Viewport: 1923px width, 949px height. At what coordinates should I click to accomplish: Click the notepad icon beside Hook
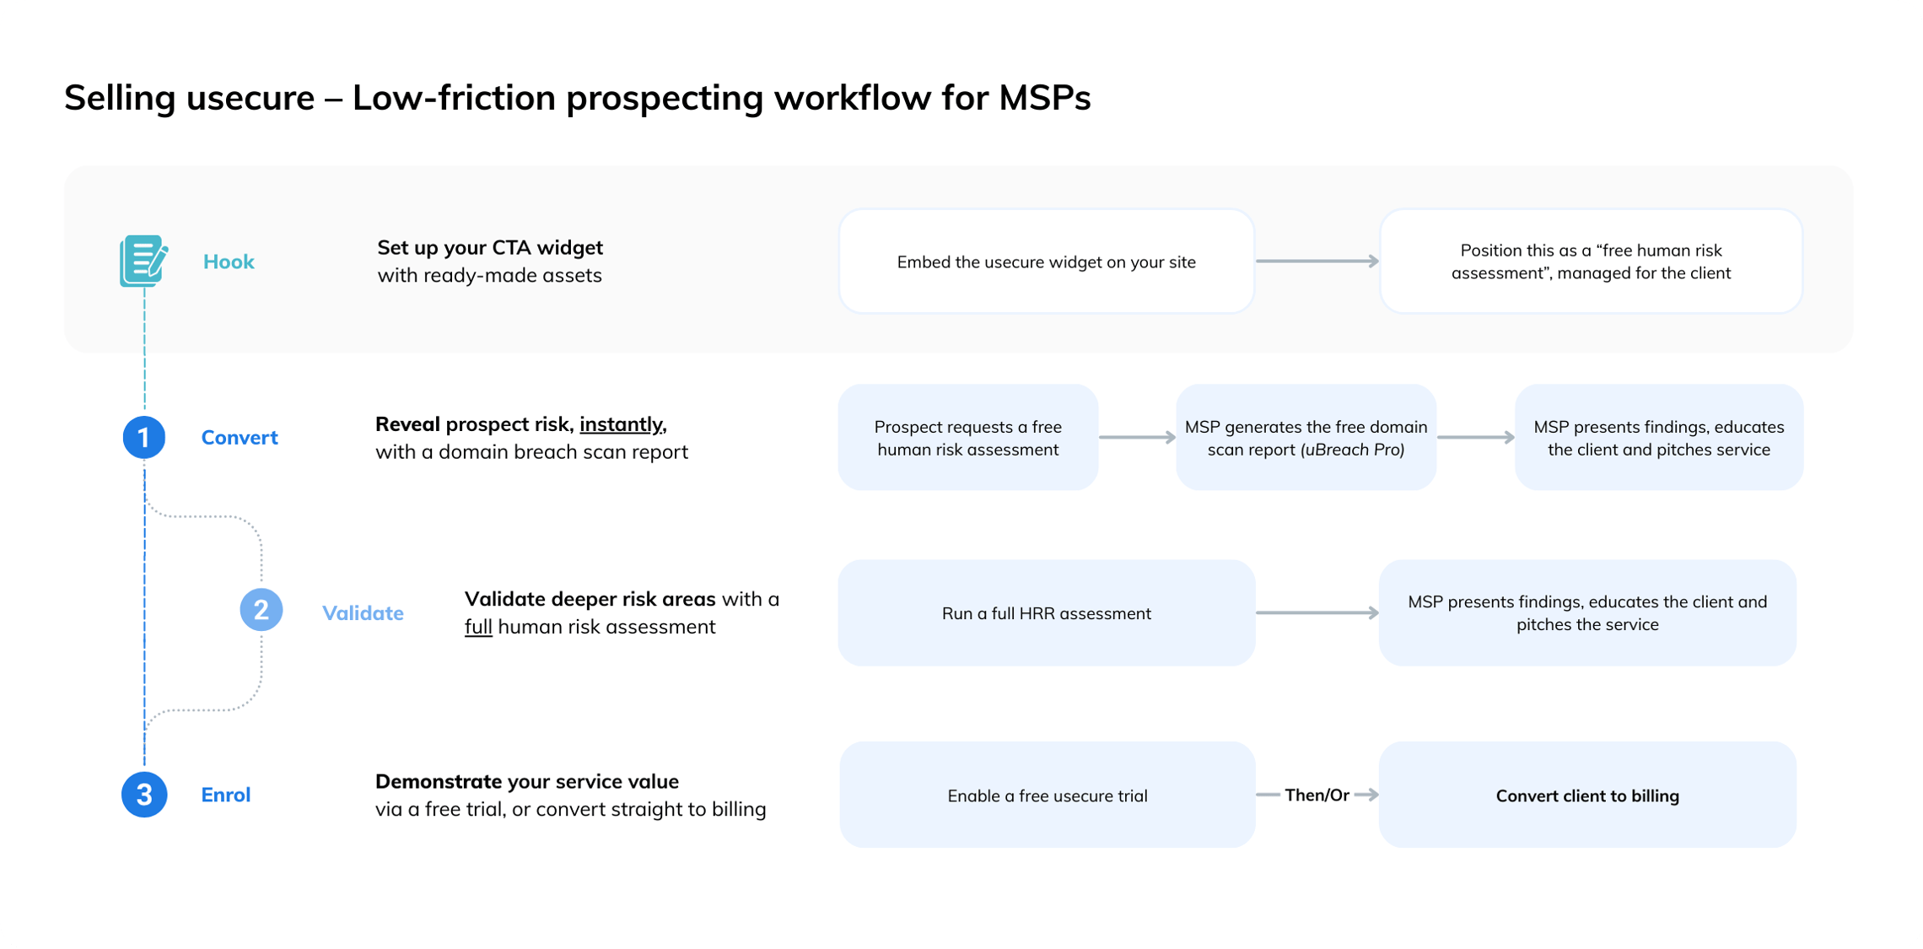(x=143, y=261)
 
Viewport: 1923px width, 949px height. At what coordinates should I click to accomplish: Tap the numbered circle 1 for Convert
(x=143, y=437)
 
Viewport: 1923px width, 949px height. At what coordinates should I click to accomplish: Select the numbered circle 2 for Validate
(x=261, y=610)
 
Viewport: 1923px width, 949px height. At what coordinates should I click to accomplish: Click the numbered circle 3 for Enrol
(x=144, y=795)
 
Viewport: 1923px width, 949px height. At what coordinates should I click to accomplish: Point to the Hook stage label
(x=229, y=262)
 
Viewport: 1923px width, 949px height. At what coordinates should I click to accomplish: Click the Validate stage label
(x=363, y=613)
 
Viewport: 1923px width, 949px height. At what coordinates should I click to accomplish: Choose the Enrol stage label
(x=225, y=795)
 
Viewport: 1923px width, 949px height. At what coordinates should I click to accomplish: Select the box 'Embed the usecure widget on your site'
(x=1046, y=262)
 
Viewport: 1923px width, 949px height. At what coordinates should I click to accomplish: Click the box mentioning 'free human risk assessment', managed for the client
(x=1590, y=262)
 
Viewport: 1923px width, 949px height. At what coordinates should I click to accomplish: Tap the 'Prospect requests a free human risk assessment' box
(x=967, y=438)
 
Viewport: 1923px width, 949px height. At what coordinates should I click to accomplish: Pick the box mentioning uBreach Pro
(x=1306, y=438)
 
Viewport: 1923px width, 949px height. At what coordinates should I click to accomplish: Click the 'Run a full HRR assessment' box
(x=1046, y=613)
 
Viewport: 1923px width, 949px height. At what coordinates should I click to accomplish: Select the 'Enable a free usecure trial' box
(x=1047, y=795)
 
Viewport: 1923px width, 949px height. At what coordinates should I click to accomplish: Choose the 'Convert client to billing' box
(x=1586, y=795)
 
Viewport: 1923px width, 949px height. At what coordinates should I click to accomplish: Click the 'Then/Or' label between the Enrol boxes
(x=1317, y=795)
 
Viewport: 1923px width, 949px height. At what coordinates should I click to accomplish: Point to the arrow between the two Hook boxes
(x=1317, y=262)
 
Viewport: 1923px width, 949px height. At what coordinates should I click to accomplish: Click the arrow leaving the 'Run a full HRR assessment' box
(x=1317, y=613)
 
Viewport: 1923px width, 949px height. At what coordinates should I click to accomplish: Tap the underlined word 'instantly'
(x=622, y=424)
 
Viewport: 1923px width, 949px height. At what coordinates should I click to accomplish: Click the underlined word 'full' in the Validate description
(x=478, y=627)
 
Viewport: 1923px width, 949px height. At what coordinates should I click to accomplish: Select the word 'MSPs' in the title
(x=1044, y=98)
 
